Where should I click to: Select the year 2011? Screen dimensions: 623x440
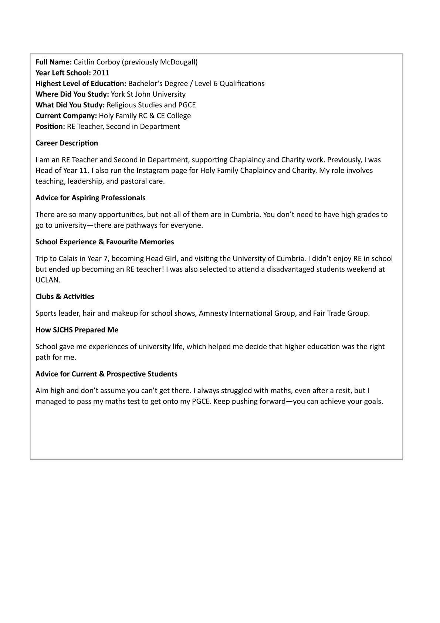101,73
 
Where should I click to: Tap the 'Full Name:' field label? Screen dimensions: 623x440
54,62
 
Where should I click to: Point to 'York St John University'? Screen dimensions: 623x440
148,94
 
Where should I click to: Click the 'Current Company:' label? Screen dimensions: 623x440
66,115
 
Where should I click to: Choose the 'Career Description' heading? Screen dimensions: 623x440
67,143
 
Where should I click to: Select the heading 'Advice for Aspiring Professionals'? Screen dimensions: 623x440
90,198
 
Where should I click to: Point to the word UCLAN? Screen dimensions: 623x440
47,280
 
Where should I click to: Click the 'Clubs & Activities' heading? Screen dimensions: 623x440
65,297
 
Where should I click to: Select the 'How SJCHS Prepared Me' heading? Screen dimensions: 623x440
77,330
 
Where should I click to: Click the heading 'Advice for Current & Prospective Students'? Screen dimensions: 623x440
106,374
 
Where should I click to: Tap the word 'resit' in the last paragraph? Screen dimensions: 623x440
345,391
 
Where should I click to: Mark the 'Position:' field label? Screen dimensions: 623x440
50,126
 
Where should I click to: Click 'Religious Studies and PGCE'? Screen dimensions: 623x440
151,105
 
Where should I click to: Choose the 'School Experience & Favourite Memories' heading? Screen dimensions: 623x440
105,242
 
